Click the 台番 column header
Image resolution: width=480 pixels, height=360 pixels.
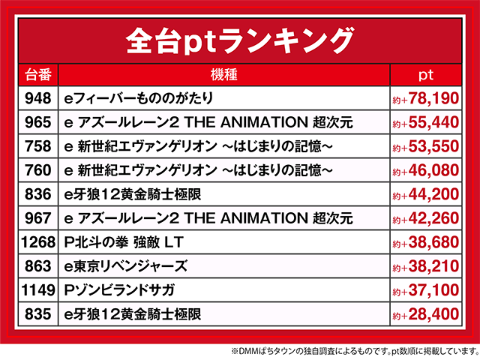38,74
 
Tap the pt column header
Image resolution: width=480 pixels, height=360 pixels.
426,74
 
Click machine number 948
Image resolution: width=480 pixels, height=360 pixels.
38,98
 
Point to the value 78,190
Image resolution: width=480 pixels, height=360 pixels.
432,98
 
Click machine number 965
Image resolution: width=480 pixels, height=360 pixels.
38,122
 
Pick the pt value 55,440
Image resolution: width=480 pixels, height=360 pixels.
432,122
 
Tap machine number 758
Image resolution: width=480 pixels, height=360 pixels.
38,146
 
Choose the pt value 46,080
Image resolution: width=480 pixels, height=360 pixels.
432,170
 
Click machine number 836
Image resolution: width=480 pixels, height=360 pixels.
38,195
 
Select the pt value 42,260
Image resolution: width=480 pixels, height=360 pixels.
432,219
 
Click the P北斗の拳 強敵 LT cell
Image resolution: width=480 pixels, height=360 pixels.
124,243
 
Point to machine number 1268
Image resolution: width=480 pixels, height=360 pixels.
38,243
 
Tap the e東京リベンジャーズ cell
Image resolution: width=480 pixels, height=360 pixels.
126,267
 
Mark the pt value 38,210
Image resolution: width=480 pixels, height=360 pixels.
432,267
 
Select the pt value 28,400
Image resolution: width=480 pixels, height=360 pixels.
432,315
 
